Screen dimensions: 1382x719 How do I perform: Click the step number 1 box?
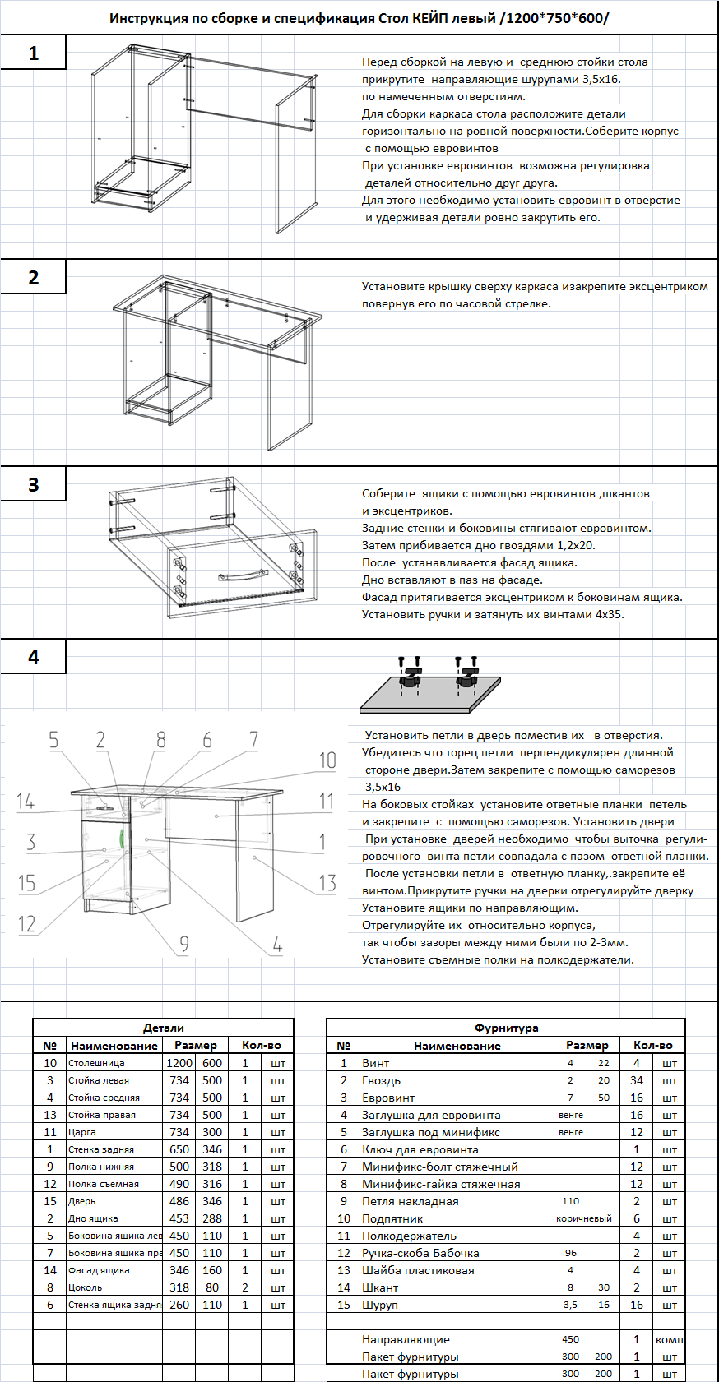click(x=33, y=53)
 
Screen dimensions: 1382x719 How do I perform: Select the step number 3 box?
click(x=33, y=484)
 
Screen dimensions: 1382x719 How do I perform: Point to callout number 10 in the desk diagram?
click(x=327, y=760)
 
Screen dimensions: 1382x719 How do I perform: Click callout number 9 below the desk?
click(x=183, y=944)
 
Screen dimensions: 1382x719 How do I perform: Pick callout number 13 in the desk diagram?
click(x=327, y=883)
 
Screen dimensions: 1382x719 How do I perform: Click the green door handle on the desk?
click(x=122, y=839)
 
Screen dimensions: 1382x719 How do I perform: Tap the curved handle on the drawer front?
click(x=243, y=574)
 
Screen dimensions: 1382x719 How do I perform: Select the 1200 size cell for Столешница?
click(x=179, y=1063)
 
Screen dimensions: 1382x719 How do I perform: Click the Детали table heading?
click(x=163, y=1028)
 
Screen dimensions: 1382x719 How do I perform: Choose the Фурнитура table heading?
click(x=506, y=1028)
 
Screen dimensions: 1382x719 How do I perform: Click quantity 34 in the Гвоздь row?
click(x=637, y=1080)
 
